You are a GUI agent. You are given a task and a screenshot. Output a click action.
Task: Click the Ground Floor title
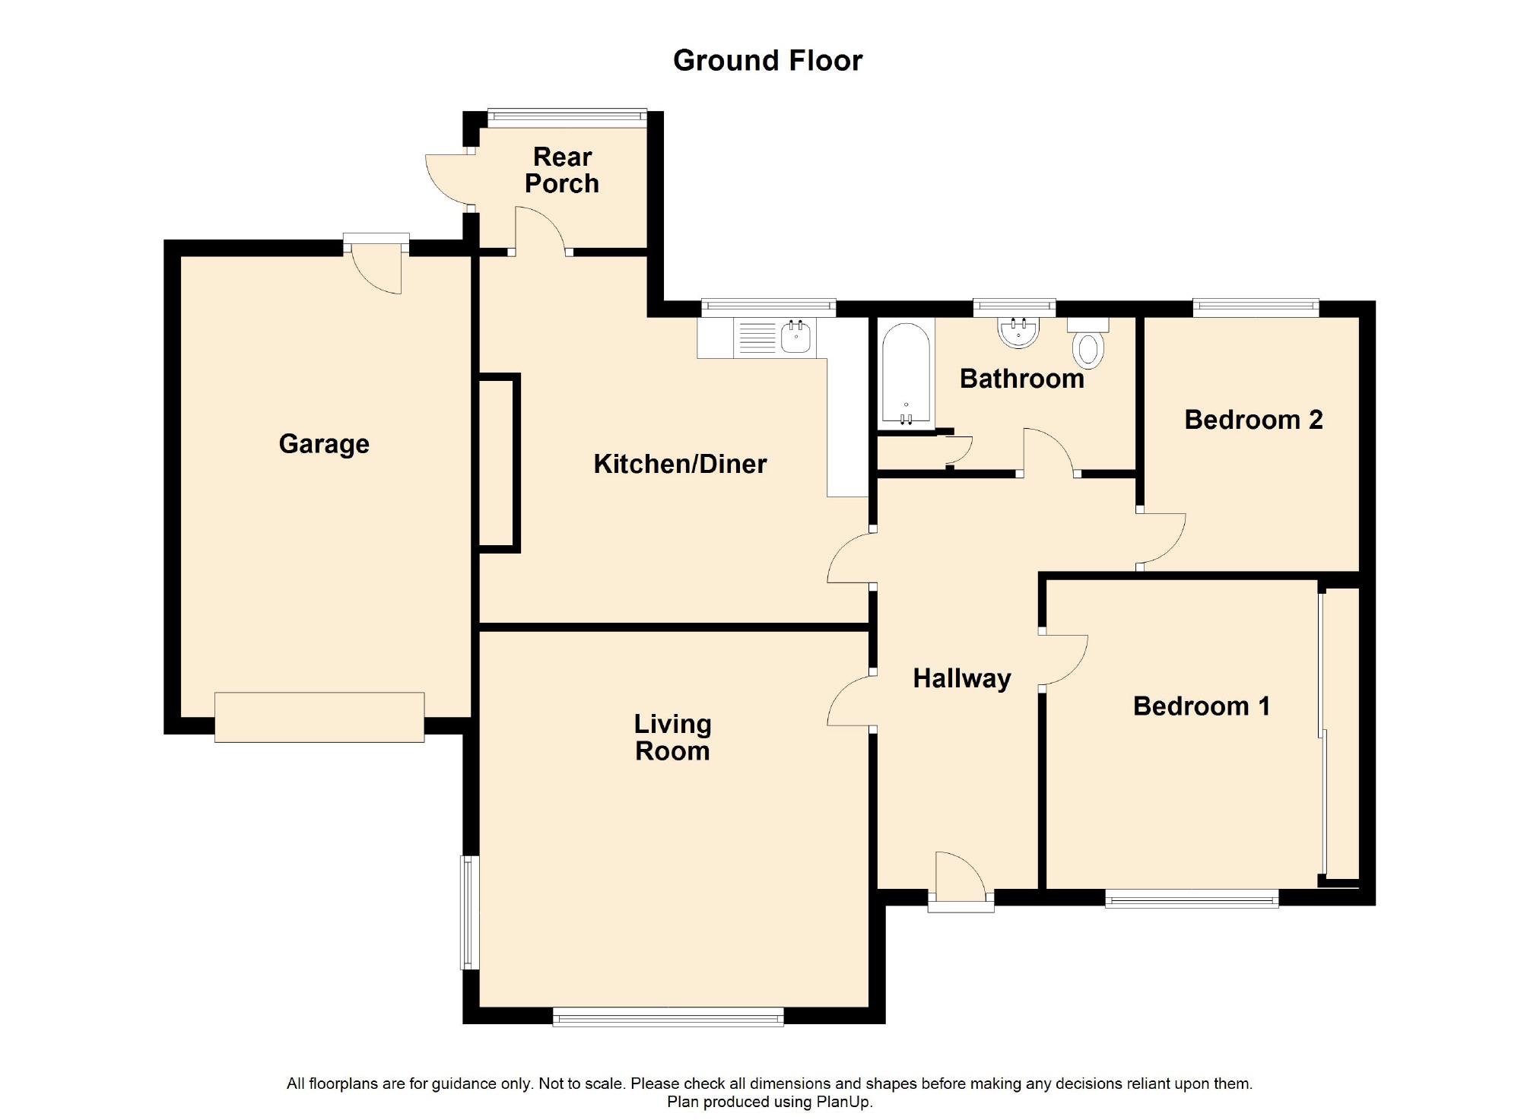coord(767,61)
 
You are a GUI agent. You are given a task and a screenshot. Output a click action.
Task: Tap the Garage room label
coord(324,444)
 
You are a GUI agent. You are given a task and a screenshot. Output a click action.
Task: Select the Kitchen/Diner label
coord(680,464)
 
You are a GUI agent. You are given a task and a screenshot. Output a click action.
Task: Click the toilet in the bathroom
coord(1088,343)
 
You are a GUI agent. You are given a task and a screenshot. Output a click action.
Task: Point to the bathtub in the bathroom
coord(906,373)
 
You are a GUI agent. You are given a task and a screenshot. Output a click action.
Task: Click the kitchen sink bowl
coord(795,337)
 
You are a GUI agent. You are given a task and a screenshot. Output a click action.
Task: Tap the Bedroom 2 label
coord(1253,420)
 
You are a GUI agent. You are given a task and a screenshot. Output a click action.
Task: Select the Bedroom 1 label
coord(1202,706)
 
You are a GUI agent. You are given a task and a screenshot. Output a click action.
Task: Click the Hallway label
coord(962,678)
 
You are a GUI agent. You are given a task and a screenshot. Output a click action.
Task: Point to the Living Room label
coord(672,738)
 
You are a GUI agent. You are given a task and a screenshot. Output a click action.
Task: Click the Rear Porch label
coord(562,170)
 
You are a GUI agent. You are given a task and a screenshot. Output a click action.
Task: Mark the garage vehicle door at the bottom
coord(319,717)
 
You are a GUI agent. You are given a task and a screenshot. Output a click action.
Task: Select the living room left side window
coord(470,912)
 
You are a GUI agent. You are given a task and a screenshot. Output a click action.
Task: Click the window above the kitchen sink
coord(768,307)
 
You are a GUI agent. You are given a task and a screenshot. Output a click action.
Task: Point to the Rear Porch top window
coord(567,116)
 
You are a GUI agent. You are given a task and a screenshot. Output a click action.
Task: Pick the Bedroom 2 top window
coord(1256,307)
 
